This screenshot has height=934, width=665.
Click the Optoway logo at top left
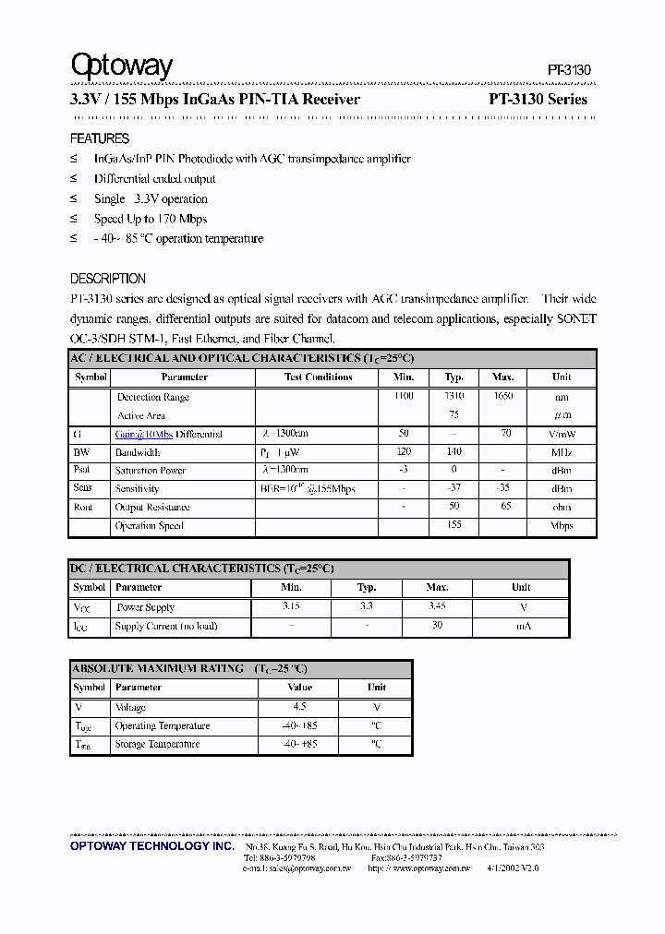(x=122, y=66)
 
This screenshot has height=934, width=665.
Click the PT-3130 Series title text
(x=538, y=100)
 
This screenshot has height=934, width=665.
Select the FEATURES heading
(x=100, y=138)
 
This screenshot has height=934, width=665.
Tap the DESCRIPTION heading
(x=108, y=279)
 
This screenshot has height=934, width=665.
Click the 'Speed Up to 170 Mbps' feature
(x=150, y=219)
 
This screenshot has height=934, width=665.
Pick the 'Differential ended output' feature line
(x=154, y=179)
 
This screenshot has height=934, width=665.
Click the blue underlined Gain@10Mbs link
(x=143, y=434)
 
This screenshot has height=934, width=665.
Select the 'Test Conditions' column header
(x=318, y=377)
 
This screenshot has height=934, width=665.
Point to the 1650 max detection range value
(x=503, y=396)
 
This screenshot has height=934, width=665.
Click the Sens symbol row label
(x=82, y=488)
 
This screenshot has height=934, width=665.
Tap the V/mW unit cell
(x=562, y=434)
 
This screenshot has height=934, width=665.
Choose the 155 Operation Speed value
(x=453, y=525)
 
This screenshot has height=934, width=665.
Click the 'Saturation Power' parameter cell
(x=151, y=471)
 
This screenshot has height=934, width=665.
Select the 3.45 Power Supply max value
(x=437, y=607)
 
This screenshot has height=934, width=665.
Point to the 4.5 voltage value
(x=299, y=707)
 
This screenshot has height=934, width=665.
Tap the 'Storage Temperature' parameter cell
(x=157, y=744)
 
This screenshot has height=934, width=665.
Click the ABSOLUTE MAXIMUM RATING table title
(x=189, y=668)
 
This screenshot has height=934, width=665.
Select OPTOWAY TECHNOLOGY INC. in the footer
(x=152, y=846)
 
